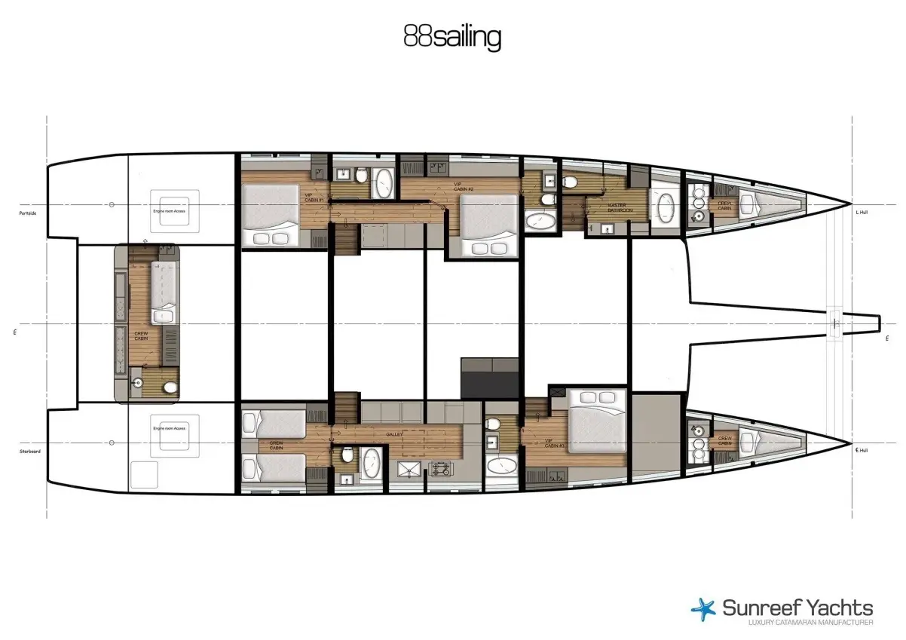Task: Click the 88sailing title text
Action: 452,37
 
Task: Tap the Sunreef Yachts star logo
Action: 704,609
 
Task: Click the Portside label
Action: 29,213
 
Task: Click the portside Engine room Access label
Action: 169,212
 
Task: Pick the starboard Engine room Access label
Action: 169,427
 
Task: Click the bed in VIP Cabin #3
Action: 597,421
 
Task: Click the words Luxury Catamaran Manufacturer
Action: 810,623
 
